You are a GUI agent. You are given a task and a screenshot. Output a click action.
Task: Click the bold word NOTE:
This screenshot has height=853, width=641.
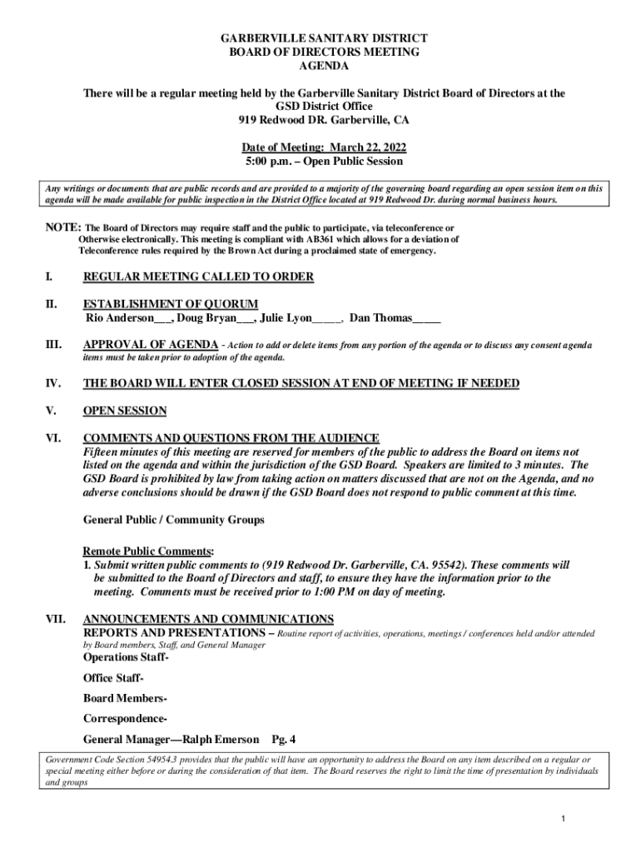point(62,227)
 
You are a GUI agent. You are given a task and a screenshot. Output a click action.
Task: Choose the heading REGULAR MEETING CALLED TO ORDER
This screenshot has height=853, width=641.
point(197,277)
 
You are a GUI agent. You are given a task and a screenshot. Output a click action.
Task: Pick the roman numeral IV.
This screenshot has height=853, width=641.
point(52,383)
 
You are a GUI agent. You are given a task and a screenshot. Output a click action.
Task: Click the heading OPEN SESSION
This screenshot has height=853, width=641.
point(125,411)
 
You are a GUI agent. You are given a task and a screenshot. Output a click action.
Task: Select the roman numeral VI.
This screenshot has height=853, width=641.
point(52,438)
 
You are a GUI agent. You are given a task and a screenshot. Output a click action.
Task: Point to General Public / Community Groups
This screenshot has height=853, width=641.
point(173,520)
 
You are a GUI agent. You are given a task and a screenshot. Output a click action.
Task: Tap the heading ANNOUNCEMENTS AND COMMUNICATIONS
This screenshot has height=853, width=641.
point(208,619)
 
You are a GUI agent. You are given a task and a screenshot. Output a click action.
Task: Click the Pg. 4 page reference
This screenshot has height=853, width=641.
point(284,739)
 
